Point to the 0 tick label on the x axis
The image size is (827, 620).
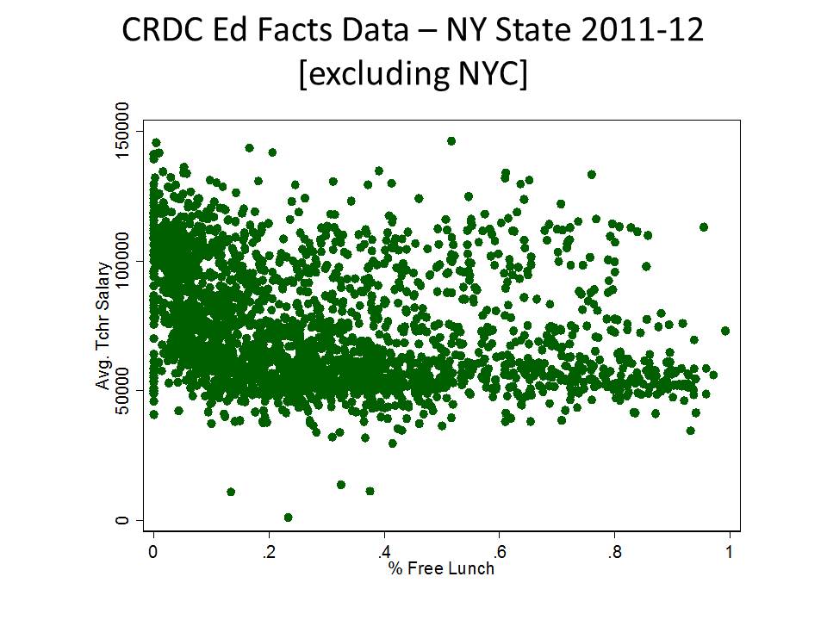tap(153, 552)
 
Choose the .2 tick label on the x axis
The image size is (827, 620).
tap(268, 552)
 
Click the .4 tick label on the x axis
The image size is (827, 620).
tap(383, 552)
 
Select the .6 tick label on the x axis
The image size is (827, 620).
tap(499, 552)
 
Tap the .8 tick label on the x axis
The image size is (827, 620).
tap(613, 552)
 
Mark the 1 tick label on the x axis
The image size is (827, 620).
tap(729, 552)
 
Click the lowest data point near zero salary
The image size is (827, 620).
tap(288, 518)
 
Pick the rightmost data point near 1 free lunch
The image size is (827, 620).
tap(725, 331)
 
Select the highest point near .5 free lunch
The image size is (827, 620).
tap(451, 140)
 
